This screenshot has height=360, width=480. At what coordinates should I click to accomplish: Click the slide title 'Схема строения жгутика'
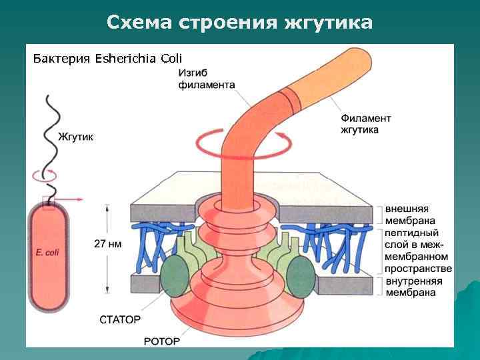[x=239, y=23]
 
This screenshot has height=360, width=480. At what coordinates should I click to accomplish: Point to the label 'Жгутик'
[x=76, y=137]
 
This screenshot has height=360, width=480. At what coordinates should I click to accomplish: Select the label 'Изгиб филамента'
[x=206, y=79]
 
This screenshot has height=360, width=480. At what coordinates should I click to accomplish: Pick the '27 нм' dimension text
[x=107, y=244]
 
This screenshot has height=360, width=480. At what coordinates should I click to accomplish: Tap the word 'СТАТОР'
[x=120, y=320]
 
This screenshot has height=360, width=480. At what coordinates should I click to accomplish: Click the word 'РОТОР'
[x=162, y=341]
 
